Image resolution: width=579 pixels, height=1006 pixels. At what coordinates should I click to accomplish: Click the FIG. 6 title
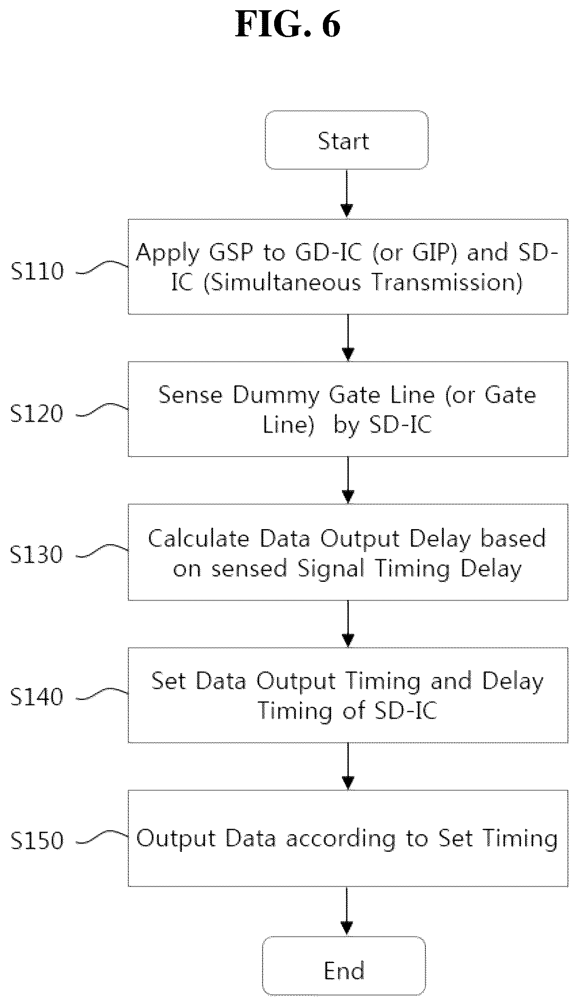tap(288, 24)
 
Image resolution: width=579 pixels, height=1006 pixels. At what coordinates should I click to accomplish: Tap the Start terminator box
tap(346, 140)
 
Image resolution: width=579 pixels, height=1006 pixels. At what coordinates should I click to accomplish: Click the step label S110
tap(38, 271)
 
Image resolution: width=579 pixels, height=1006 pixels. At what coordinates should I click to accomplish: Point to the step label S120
tap(38, 413)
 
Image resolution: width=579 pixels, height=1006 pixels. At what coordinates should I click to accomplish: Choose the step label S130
tap(38, 554)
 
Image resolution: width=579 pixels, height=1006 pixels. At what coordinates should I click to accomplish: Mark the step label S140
tap(38, 697)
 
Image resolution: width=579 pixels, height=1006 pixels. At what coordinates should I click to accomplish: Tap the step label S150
tap(38, 840)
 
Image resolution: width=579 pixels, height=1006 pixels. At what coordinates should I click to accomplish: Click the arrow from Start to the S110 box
tap(346, 194)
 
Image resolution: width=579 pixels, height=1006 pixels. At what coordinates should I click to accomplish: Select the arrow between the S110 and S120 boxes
tap(348, 337)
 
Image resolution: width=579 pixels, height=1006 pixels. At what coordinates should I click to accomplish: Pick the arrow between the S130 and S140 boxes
tap(348, 624)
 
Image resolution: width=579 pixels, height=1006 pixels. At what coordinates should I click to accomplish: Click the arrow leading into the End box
tap(346, 911)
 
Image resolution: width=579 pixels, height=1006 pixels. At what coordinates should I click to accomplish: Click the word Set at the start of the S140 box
tap(168, 681)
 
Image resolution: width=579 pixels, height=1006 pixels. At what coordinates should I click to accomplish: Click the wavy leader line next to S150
tap(103, 837)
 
